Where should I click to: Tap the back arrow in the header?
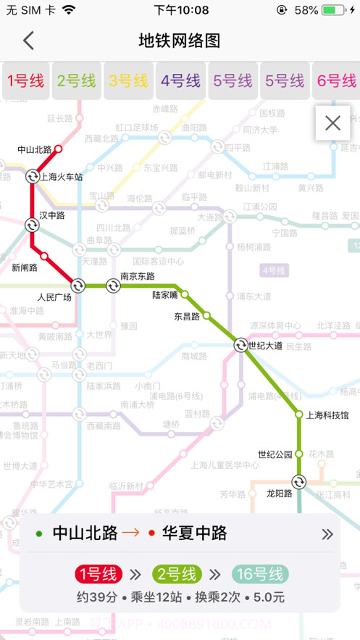point(28,41)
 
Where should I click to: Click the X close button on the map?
point(332,123)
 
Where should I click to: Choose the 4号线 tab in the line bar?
point(181,80)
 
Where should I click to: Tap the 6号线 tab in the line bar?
point(336,80)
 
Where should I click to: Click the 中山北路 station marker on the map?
point(59,149)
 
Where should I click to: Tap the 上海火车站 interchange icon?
point(33,176)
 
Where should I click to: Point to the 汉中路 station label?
point(52,215)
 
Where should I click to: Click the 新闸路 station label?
point(26,267)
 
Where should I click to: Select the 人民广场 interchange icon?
point(78,286)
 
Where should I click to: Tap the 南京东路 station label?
point(137,275)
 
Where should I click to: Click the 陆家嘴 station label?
point(166,295)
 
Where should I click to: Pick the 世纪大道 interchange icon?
point(240,345)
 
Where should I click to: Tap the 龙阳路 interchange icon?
point(298,481)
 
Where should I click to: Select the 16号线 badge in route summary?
point(260,574)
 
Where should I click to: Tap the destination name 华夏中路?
point(193,534)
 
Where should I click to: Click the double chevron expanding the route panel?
point(327,534)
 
